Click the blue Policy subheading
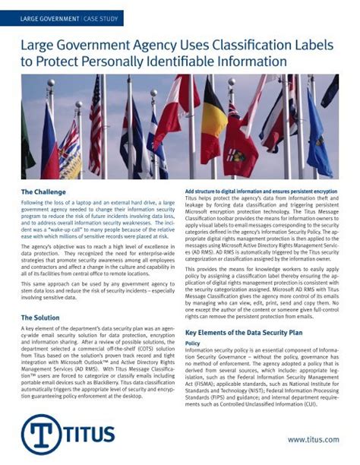193,344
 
